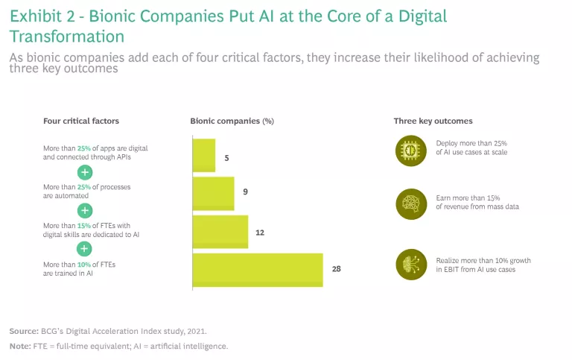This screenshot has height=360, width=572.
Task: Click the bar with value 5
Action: pos(204,156)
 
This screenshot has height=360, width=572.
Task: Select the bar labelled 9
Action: pos(214,193)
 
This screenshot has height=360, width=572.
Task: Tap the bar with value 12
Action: pos(220,232)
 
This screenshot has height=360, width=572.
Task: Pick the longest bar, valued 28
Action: pos(258,270)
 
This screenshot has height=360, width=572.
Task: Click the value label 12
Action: pos(260,233)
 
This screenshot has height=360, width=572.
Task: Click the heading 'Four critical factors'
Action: pos(81,121)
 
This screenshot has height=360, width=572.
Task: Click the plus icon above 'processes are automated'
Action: pos(86,171)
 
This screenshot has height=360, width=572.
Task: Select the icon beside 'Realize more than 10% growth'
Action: pos(408,264)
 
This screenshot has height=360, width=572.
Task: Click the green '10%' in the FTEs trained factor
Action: pos(83,264)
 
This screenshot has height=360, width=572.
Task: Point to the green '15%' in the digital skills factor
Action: pos(83,225)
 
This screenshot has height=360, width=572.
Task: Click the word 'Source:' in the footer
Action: pos(23,330)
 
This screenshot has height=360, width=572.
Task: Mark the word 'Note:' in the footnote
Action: pos(19,346)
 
